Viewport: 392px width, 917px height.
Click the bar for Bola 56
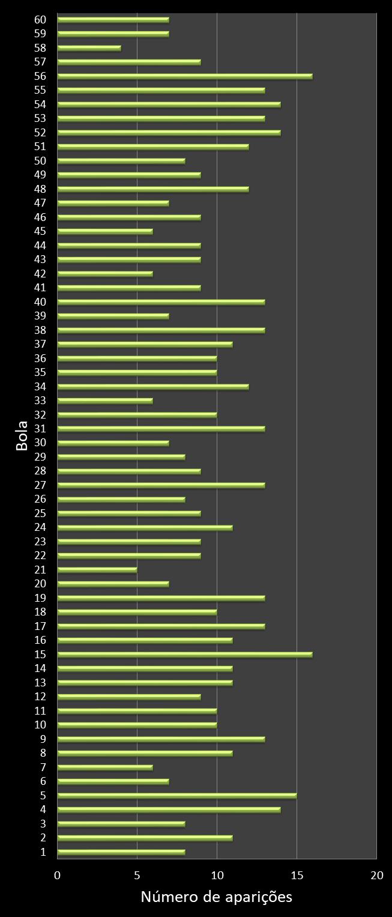(x=185, y=76)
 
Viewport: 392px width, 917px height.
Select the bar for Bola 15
(x=185, y=655)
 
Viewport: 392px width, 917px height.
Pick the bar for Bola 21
(x=97, y=570)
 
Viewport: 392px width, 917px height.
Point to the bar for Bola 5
(x=177, y=796)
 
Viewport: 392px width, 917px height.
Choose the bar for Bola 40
(x=161, y=302)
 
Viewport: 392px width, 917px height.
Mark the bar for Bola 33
(x=105, y=401)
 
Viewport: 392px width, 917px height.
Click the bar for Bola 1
(x=121, y=852)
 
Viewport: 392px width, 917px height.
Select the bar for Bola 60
(x=113, y=20)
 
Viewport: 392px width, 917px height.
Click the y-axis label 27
(x=41, y=485)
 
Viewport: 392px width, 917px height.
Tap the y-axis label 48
(x=41, y=189)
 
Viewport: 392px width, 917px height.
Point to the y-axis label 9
(x=43, y=739)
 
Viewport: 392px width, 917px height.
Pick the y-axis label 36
(x=41, y=358)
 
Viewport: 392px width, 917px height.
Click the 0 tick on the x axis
(x=58, y=876)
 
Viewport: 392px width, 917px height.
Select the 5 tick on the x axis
(x=137, y=876)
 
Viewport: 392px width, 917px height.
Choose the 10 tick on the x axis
(x=217, y=876)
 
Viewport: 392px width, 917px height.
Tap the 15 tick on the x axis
(x=297, y=876)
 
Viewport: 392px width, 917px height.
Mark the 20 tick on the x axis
(x=376, y=876)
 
